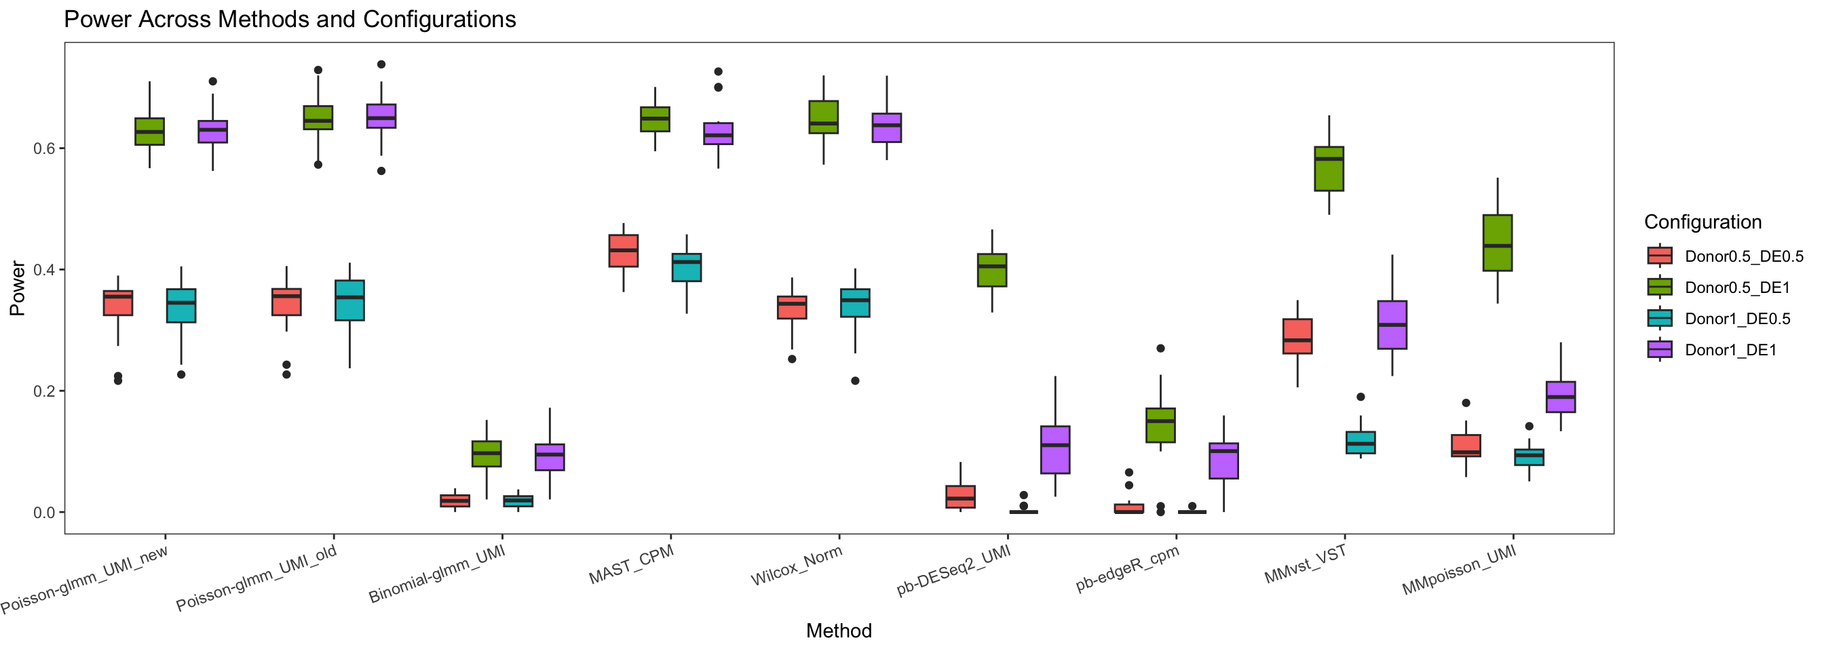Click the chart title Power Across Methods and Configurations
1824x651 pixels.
tap(290, 19)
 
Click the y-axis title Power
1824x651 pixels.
tap(17, 288)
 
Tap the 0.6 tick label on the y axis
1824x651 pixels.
tap(44, 149)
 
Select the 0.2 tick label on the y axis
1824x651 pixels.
tap(44, 391)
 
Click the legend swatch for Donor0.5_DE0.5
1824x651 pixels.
tap(1659, 256)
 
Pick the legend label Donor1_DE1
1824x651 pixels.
tap(1730, 349)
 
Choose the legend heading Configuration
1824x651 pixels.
tap(1703, 222)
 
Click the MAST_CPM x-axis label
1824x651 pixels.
tap(632, 566)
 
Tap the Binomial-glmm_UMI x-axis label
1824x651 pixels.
tap(437, 574)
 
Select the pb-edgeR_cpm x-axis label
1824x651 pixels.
tap(1127, 569)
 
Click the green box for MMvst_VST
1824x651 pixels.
tap(1329, 169)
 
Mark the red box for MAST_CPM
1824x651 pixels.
tap(623, 251)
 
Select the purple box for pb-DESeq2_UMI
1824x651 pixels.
tap(1055, 450)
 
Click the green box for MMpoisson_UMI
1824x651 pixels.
tap(1497, 243)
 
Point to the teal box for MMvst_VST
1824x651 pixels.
tap(1361, 442)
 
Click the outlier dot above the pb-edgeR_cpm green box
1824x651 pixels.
tap(1160, 349)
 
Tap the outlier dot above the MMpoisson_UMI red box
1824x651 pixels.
tap(1466, 403)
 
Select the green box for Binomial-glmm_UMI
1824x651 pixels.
tap(487, 454)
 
